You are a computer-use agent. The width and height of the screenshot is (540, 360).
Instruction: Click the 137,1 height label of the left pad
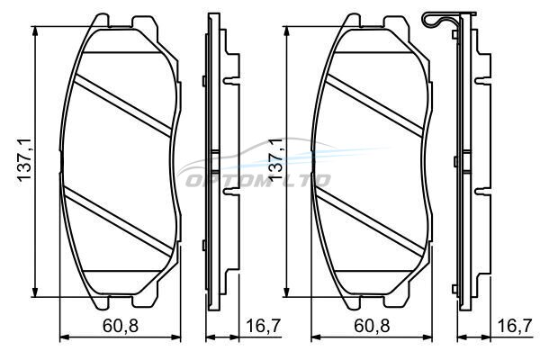click(25, 161)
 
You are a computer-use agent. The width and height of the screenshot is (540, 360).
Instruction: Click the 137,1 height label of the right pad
click(275, 161)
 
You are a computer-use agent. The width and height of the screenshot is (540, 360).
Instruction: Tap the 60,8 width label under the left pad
click(121, 326)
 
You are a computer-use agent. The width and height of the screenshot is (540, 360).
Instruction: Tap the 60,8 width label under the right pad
click(372, 326)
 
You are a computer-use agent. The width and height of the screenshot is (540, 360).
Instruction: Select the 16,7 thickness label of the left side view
click(264, 326)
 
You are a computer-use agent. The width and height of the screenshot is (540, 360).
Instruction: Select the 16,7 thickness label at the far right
click(515, 326)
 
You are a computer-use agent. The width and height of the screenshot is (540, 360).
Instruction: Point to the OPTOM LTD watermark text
click(258, 180)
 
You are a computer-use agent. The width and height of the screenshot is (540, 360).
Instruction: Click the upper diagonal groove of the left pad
click(122, 105)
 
